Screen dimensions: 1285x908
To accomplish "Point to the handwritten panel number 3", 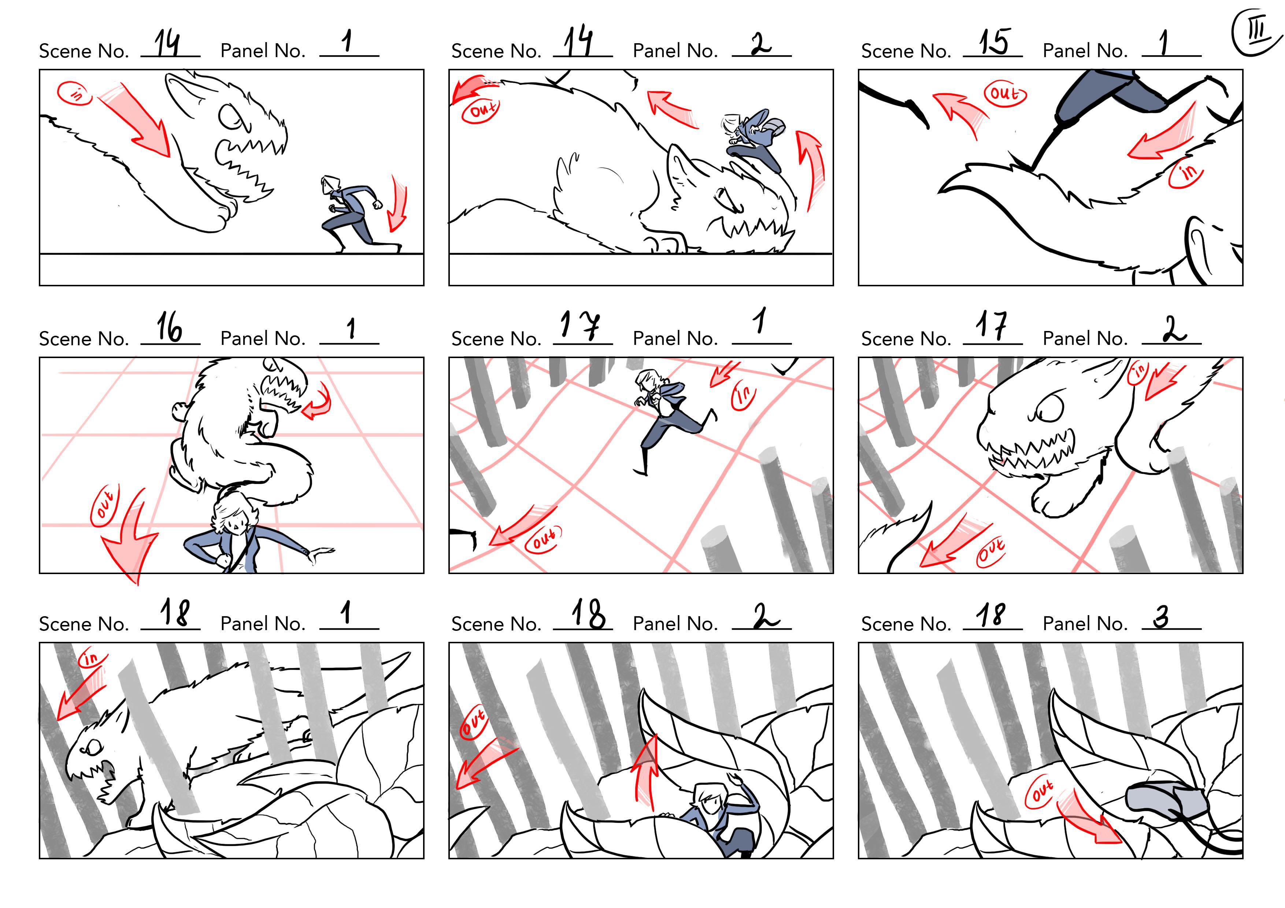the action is tap(1161, 617).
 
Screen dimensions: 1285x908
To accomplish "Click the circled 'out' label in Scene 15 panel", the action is tap(1005, 93).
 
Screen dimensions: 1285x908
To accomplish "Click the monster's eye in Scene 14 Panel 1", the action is tap(230, 117).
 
